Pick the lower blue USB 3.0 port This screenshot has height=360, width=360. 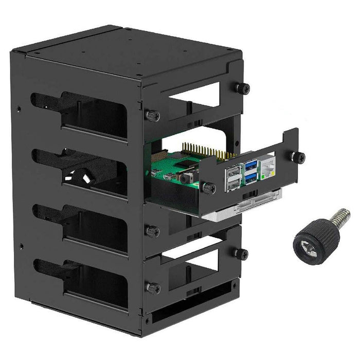(x=251, y=177)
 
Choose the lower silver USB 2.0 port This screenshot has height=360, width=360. (x=233, y=184)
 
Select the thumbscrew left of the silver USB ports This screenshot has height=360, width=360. (x=209, y=189)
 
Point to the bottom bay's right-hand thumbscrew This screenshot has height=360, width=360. (x=242, y=253)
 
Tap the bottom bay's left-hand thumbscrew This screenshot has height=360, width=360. (x=152, y=287)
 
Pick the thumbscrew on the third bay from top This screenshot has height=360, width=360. (x=152, y=231)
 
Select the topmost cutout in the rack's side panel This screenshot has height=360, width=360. (x=82, y=114)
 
